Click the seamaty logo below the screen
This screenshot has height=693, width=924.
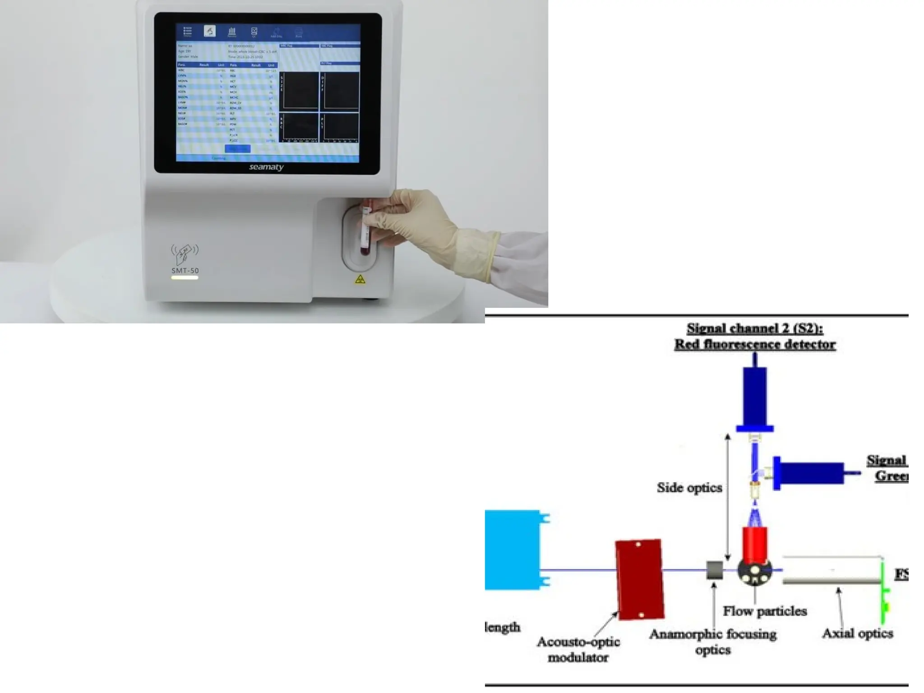[266, 167]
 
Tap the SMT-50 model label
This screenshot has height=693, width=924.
[185, 271]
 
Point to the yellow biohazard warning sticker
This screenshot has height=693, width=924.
[360, 280]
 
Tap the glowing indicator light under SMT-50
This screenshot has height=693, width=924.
[185, 278]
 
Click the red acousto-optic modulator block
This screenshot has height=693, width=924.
[639, 579]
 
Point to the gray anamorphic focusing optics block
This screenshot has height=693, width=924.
[714, 570]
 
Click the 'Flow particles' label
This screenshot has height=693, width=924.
[765, 611]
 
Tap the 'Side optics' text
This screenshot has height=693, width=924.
[689, 488]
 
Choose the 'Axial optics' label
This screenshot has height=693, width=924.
[857, 633]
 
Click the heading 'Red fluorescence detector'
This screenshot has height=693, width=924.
[755, 344]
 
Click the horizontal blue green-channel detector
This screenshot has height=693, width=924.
[810, 473]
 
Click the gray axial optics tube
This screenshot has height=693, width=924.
[832, 570]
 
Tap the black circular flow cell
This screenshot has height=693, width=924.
[754, 572]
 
